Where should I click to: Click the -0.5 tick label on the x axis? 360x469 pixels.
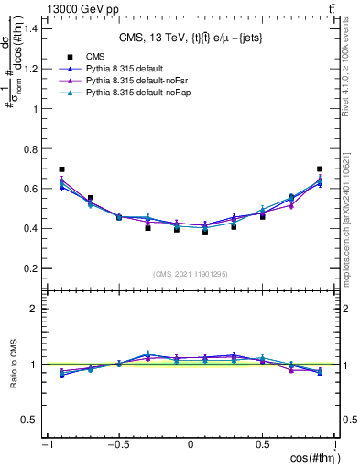pos(118,444)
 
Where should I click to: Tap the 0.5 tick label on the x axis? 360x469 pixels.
pos(263,444)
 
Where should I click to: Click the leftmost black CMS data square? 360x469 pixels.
pos(61,169)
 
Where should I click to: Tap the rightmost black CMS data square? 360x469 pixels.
pos(320,169)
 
